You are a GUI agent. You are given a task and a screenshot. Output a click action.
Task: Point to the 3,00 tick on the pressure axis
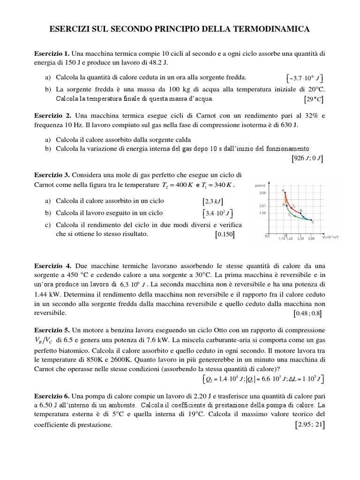pyautogui.click(x=262, y=192)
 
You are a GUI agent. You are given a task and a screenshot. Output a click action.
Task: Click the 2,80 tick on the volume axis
pyautogui.click(x=311, y=239)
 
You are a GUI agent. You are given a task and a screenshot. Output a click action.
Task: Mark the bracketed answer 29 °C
pyautogui.click(x=313, y=99)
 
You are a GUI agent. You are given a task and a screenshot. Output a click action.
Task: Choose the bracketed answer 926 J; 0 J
pyautogui.click(x=307, y=158)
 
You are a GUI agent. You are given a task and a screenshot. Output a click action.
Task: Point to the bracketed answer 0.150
pyautogui.click(x=225, y=234)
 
